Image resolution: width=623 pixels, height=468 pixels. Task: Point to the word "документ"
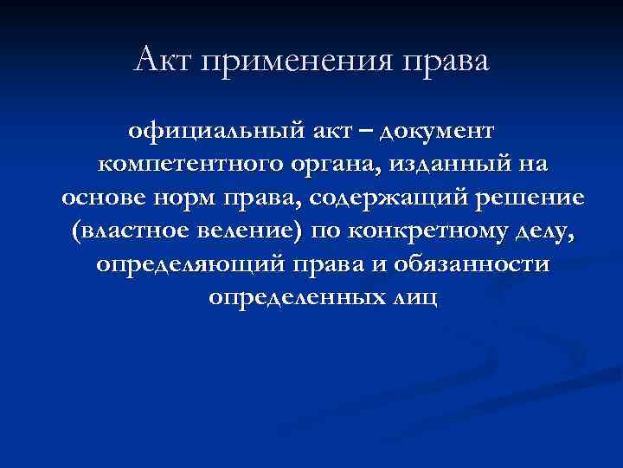[x=438, y=133]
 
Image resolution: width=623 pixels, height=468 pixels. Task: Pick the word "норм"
[x=189, y=198]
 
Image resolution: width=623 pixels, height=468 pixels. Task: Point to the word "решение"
[x=530, y=198]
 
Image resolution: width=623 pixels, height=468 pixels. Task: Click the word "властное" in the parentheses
[x=126, y=231]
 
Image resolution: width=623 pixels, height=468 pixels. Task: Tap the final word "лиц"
[x=414, y=297]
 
